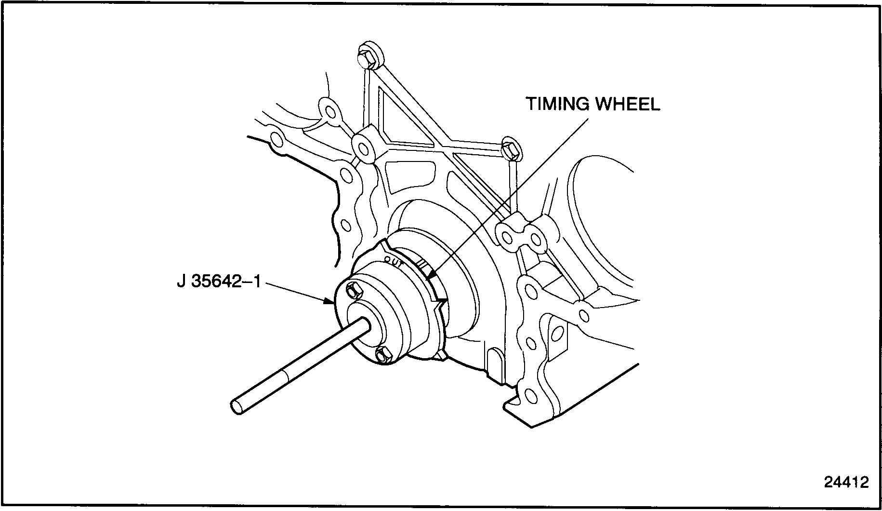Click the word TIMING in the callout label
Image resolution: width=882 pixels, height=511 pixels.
pos(558,104)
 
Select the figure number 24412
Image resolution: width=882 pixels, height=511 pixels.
pos(846,483)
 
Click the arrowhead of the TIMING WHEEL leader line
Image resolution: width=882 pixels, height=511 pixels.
pos(430,276)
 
